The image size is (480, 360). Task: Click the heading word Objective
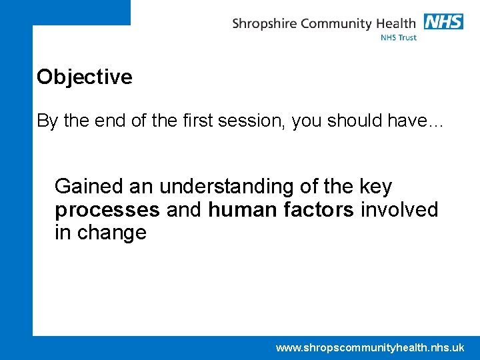point(85,77)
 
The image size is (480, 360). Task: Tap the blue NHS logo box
point(443,21)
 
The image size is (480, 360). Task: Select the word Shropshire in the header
point(265,25)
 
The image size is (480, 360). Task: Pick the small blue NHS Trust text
point(398,38)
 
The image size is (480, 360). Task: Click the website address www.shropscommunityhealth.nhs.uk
point(370,347)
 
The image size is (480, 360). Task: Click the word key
point(375,187)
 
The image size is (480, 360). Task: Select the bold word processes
point(107,210)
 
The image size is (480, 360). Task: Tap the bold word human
point(240,209)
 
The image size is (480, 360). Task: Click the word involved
point(399,209)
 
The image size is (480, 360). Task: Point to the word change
point(111,233)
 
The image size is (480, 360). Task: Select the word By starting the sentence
point(47,121)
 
